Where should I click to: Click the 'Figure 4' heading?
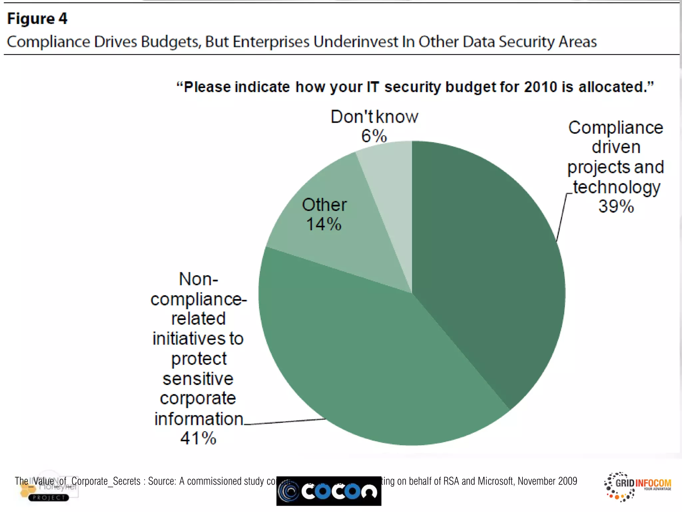pyautogui.click(x=37, y=19)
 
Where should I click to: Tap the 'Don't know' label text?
pyautogui.click(x=374, y=117)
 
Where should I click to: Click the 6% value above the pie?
pyautogui.click(x=374, y=136)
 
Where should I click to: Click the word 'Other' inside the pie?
pyautogui.click(x=324, y=205)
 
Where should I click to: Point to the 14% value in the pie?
pyautogui.click(x=323, y=224)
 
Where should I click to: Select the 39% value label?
pyautogui.click(x=616, y=206)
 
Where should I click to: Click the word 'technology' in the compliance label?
pyautogui.click(x=616, y=187)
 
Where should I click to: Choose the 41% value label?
pyautogui.click(x=198, y=438)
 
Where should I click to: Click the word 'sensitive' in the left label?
pyautogui.click(x=198, y=379)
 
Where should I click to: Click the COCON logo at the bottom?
pyautogui.click(x=329, y=491)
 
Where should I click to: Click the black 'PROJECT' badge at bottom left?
pyautogui.click(x=49, y=498)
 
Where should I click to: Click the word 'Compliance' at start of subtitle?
pyautogui.click(x=48, y=42)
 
